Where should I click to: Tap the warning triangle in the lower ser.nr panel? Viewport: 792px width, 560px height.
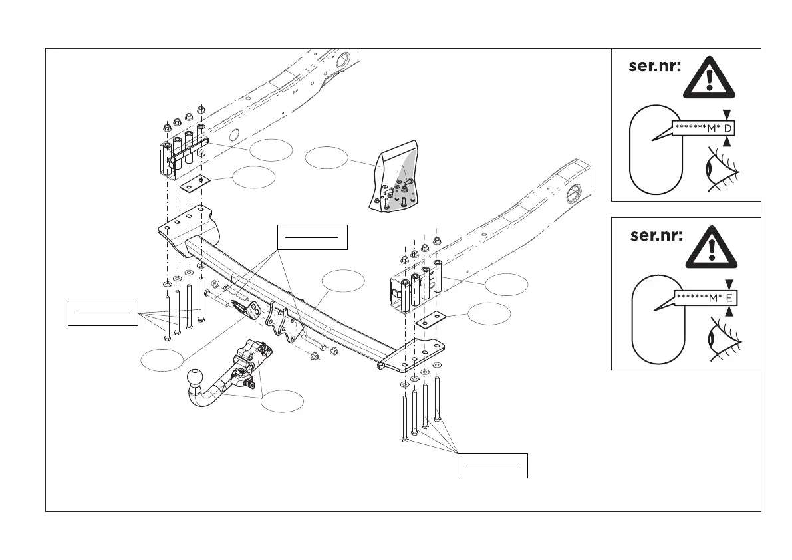710,250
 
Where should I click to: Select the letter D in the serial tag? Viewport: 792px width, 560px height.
728,128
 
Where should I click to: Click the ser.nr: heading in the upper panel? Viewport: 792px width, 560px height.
655,67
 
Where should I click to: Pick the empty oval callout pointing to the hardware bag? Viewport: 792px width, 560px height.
327,158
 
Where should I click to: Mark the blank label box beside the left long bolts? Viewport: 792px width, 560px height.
103,313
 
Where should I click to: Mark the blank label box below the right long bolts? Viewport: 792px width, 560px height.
493,465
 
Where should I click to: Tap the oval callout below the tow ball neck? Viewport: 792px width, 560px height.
282,402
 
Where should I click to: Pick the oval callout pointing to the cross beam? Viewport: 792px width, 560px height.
344,280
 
